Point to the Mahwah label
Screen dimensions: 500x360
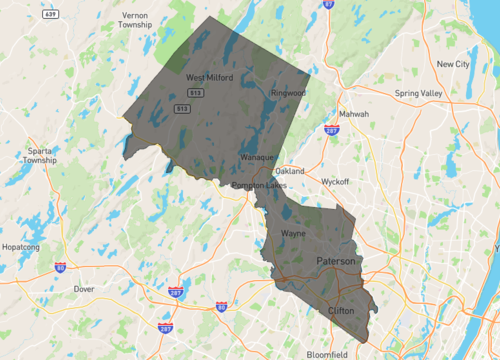354,114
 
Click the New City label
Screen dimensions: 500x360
454,64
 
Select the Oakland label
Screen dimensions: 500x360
290,171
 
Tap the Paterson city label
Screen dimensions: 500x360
335,261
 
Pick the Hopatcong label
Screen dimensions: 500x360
21,244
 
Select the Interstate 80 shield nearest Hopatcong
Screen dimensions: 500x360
60,268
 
